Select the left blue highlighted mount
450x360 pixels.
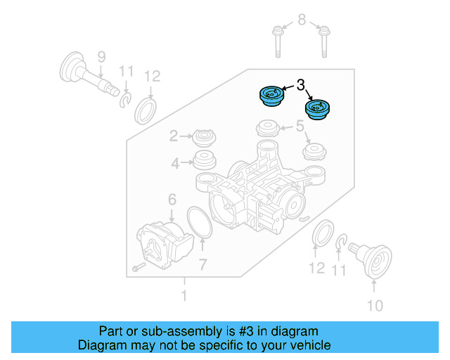click(270, 96)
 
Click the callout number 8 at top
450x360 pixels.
click(302, 20)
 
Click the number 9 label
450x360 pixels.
click(101, 56)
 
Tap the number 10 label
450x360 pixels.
click(375, 305)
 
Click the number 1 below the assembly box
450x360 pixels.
click(184, 297)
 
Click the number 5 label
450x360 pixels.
click(300, 127)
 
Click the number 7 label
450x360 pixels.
click(202, 265)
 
